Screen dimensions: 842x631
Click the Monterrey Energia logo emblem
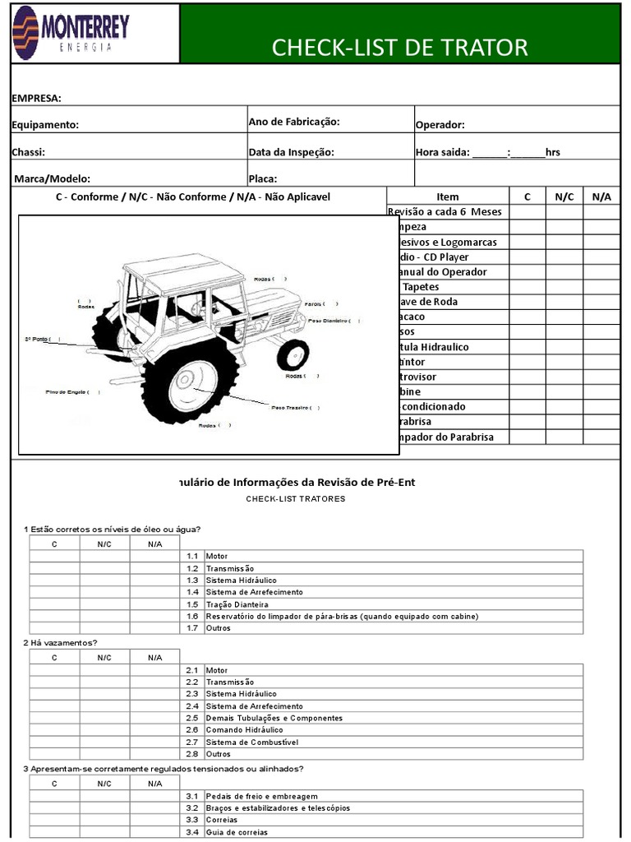coord(25,33)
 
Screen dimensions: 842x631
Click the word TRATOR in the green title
coord(486,48)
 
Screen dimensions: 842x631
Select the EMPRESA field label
coord(36,99)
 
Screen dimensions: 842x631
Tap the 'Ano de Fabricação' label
coord(294,122)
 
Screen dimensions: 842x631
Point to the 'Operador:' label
coord(440,125)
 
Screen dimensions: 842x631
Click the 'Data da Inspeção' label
coord(292,151)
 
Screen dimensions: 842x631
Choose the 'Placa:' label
coord(263,178)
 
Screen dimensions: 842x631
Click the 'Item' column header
coord(448,197)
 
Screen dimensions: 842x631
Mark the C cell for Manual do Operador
coord(527,272)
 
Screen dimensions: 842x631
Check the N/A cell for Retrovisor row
coord(601,377)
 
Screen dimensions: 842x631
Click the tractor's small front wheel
coord(292,354)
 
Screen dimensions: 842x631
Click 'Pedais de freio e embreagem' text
coord(261,796)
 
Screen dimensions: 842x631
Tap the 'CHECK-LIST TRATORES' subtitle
coord(296,499)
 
